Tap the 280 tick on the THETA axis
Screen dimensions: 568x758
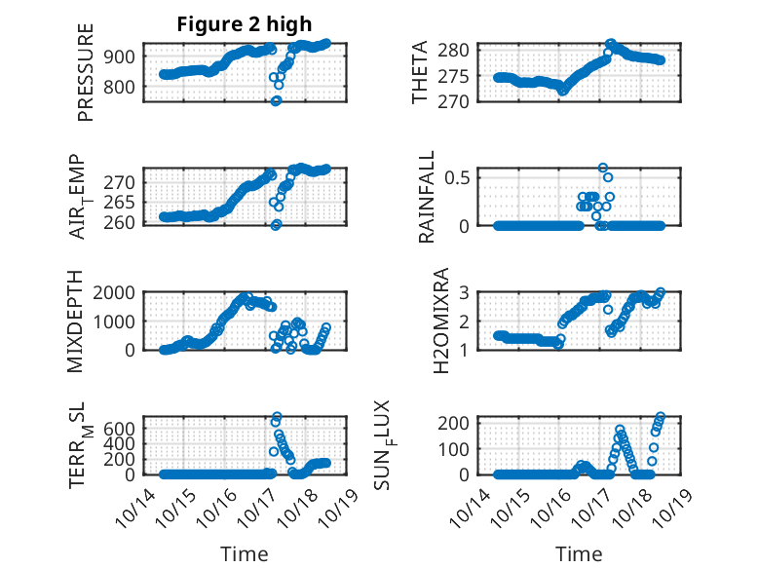[x=460, y=50]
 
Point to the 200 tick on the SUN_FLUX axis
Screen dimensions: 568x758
[x=459, y=422]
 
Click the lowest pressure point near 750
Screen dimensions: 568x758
[x=276, y=100]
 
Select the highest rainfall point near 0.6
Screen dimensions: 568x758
[x=603, y=168]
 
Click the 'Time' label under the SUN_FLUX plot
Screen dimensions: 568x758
[x=580, y=553]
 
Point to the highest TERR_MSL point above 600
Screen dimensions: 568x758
[x=277, y=417]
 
